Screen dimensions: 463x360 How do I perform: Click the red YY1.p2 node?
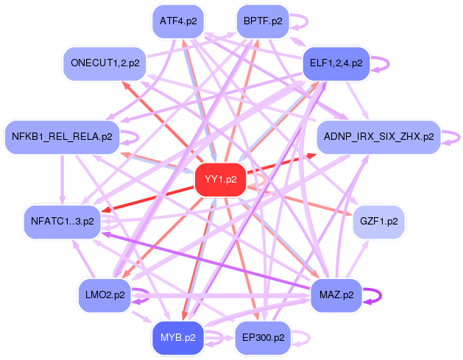[220, 180]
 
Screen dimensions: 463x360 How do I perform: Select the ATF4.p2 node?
[178, 21]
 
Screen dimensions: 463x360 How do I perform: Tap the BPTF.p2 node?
[263, 21]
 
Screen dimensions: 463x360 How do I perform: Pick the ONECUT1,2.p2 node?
[105, 63]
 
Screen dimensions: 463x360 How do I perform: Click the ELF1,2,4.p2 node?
[336, 63]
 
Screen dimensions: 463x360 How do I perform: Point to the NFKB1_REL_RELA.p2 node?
[62, 137]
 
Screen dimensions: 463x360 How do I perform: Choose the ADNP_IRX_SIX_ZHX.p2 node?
[378, 137]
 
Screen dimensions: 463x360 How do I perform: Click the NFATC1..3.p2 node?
[63, 221]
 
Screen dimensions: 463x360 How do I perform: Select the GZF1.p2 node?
[378, 221]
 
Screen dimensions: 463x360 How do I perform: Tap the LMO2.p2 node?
[105, 295]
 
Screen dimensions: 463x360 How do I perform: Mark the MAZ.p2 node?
[336, 295]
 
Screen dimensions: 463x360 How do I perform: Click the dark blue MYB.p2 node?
[178, 338]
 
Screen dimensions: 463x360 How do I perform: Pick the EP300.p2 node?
[263, 338]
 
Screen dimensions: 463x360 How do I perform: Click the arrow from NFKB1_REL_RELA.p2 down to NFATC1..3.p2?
[63, 179]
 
